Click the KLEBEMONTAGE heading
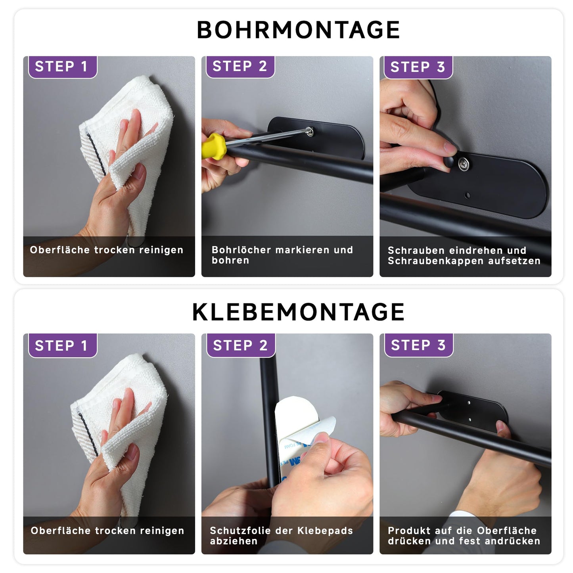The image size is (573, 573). [298, 312]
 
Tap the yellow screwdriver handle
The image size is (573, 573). [213, 146]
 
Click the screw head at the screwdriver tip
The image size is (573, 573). [310, 131]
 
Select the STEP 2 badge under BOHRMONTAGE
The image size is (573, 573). [240, 67]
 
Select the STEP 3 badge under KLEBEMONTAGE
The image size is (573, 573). [418, 345]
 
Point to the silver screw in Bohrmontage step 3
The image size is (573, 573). [463, 163]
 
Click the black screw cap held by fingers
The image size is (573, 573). [448, 162]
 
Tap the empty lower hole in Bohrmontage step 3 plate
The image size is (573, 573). [467, 195]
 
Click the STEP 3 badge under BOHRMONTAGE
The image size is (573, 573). [418, 67]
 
